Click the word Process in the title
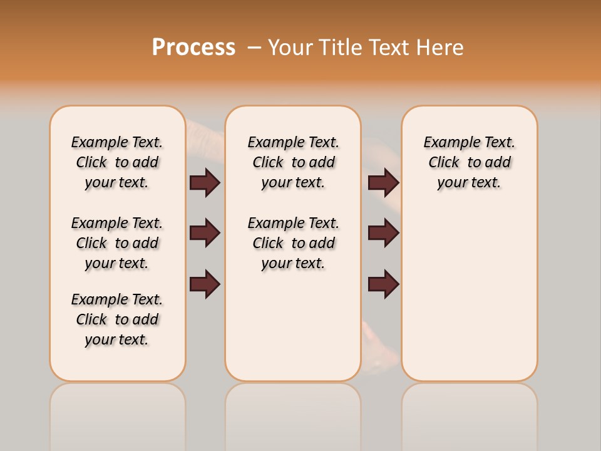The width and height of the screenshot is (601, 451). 193,47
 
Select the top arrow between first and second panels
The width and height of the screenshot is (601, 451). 205,182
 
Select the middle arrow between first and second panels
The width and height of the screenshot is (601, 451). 205,233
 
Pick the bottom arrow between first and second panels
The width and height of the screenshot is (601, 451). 205,284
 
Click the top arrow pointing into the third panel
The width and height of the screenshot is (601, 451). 383,182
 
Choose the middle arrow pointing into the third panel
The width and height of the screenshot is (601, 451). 383,233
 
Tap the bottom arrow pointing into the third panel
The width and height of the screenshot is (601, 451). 383,284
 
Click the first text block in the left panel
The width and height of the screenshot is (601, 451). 117,162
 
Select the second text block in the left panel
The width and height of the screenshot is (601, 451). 117,243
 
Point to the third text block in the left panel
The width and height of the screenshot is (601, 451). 117,319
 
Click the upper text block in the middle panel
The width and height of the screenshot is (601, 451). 293,162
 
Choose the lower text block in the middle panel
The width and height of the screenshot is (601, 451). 293,243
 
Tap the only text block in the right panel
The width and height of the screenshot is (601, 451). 469,162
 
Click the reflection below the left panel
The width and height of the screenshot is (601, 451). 118,413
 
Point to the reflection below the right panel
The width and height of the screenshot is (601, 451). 470,413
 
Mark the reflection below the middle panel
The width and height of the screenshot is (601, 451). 293,413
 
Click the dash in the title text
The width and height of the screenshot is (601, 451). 254,48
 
